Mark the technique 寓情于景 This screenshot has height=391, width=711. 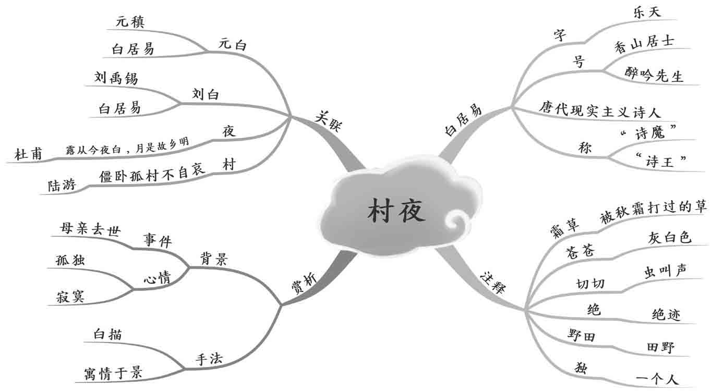(x=113, y=372)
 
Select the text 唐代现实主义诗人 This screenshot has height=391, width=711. (x=600, y=110)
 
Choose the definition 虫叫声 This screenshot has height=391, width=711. (x=665, y=271)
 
